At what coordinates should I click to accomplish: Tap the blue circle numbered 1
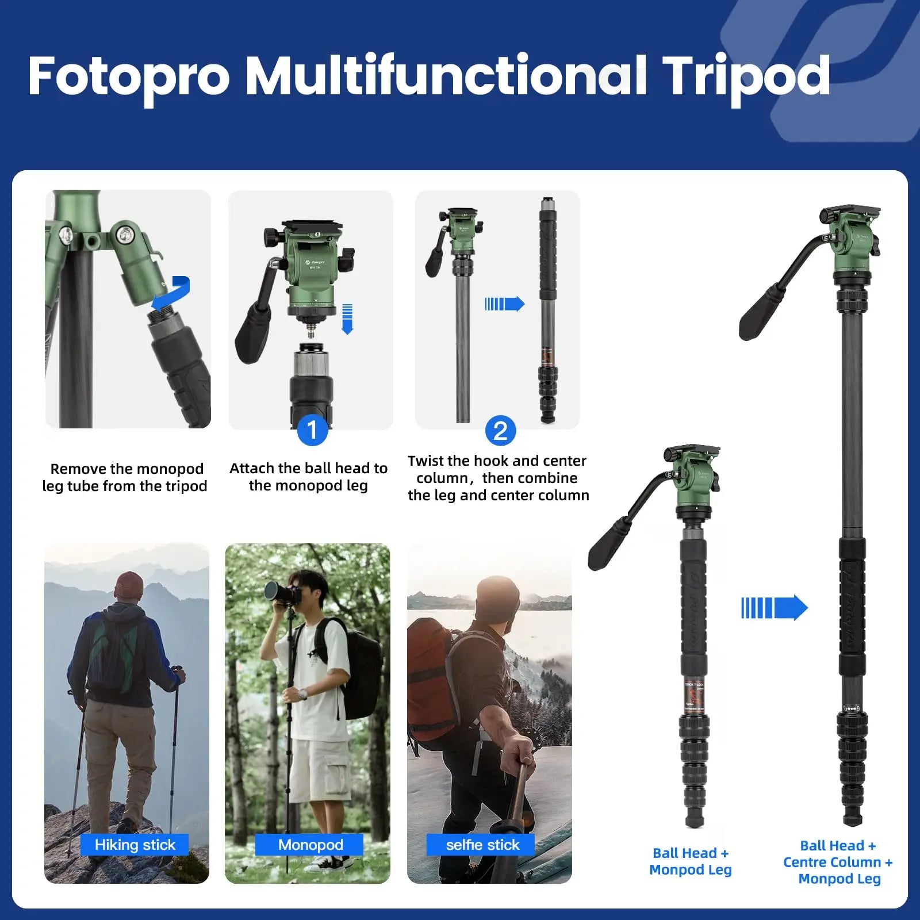point(312,430)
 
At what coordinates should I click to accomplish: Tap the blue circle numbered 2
point(500,431)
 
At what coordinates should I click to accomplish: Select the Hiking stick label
point(135,845)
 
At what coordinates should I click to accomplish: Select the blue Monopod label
point(310,845)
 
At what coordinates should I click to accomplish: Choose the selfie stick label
point(482,845)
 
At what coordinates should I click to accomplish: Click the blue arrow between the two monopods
point(775,608)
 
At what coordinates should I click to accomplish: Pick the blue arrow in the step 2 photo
point(505,304)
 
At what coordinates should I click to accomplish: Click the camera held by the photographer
point(279,592)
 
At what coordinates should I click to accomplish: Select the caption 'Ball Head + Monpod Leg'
point(691,861)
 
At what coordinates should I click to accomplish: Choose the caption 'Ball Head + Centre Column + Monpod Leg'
point(838,862)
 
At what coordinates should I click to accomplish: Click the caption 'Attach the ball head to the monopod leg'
point(309,477)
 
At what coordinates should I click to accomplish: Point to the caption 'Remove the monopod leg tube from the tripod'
point(125,477)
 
